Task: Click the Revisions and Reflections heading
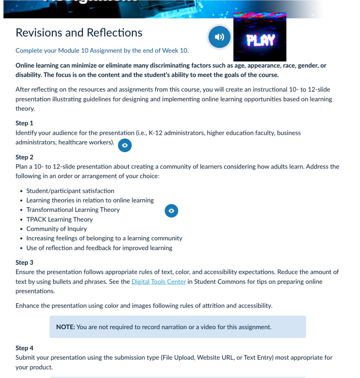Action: pyautogui.click(x=79, y=33)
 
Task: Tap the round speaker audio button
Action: pyautogui.click(x=219, y=37)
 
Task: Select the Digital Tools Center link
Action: pyautogui.click(x=159, y=282)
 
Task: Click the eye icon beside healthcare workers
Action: pyautogui.click(x=125, y=145)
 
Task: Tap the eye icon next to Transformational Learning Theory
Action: pyautogui.click(x=171, y=211)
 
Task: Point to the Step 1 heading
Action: pyautogui.click(x=24, y=123)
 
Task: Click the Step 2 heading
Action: pyautogui.click(x=24, y=157)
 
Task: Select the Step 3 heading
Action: pyautogui.click(x=24, y=262)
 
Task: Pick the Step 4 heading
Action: pyautogui.click(x=24, y=348)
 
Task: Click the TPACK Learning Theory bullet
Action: pyautogui.click(x=59, y=220)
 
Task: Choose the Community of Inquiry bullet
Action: pyautogui.click(x=56, y=229)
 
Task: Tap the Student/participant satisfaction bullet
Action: pyautogui.click(x=70, y=191)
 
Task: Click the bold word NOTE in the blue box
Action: pyautogui.click(x=65, y=327)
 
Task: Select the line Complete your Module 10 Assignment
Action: pyautogui.click(x=102, y=51)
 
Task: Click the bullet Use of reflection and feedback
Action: pyautogui.click(x=99, y=248)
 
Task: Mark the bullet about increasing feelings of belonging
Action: pyautogui.click(x=104, y=239)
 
